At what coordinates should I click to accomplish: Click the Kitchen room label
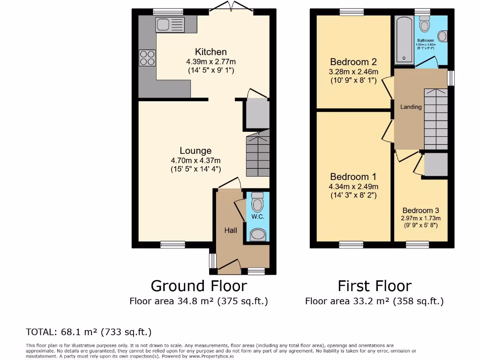[210, 52]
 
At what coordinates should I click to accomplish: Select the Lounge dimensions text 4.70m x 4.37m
[195, 160]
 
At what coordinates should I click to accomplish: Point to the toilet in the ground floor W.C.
[257, 204]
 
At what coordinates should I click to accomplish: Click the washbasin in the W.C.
[257, 234]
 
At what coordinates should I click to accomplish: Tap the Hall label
[230, 230]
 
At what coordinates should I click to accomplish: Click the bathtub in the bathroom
[404, 40]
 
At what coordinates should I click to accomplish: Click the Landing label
[411, 107]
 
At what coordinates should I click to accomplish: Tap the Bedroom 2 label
[353, 62]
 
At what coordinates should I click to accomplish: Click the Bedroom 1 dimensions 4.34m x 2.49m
[353, 187]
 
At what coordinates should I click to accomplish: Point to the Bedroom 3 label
[420, 210]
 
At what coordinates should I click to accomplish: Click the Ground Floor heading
[198, 285]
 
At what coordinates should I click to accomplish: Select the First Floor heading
[375, 285]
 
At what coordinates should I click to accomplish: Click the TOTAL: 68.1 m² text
[89, 332]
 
